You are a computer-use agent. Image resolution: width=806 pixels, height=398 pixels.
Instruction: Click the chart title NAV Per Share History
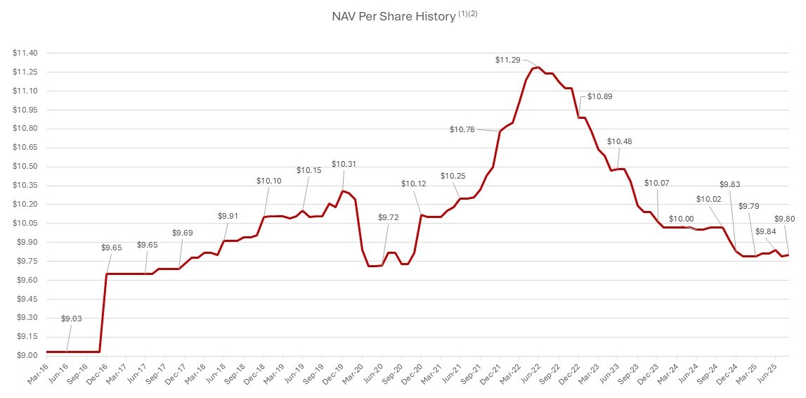click(394, 17)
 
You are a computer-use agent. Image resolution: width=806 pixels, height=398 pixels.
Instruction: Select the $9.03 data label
click(72, 319)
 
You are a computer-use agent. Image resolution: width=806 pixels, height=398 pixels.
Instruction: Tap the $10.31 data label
click(344, 164)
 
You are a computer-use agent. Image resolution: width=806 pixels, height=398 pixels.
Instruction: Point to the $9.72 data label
click(389, 218)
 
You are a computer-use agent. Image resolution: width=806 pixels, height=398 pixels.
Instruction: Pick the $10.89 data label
click(599, 96)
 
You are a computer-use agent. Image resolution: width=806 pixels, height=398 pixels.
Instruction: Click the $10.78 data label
click(462, 129)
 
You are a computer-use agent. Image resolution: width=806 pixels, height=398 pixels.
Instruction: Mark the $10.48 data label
click(619, 141)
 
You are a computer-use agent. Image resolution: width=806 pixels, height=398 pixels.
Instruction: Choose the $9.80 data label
click(785, 219)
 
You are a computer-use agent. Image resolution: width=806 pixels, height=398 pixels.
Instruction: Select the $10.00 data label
click(681, 219)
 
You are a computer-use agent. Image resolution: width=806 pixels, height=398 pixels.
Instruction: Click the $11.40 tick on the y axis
click(25, 53)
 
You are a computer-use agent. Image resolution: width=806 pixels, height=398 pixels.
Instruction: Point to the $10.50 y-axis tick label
click(25, 167)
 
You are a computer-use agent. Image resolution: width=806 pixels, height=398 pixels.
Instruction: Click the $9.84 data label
click(766, 231)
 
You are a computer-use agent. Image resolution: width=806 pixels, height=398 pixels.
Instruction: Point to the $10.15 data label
click(308, 170)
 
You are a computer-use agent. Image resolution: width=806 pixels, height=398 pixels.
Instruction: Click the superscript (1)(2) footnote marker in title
click(468, 14)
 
